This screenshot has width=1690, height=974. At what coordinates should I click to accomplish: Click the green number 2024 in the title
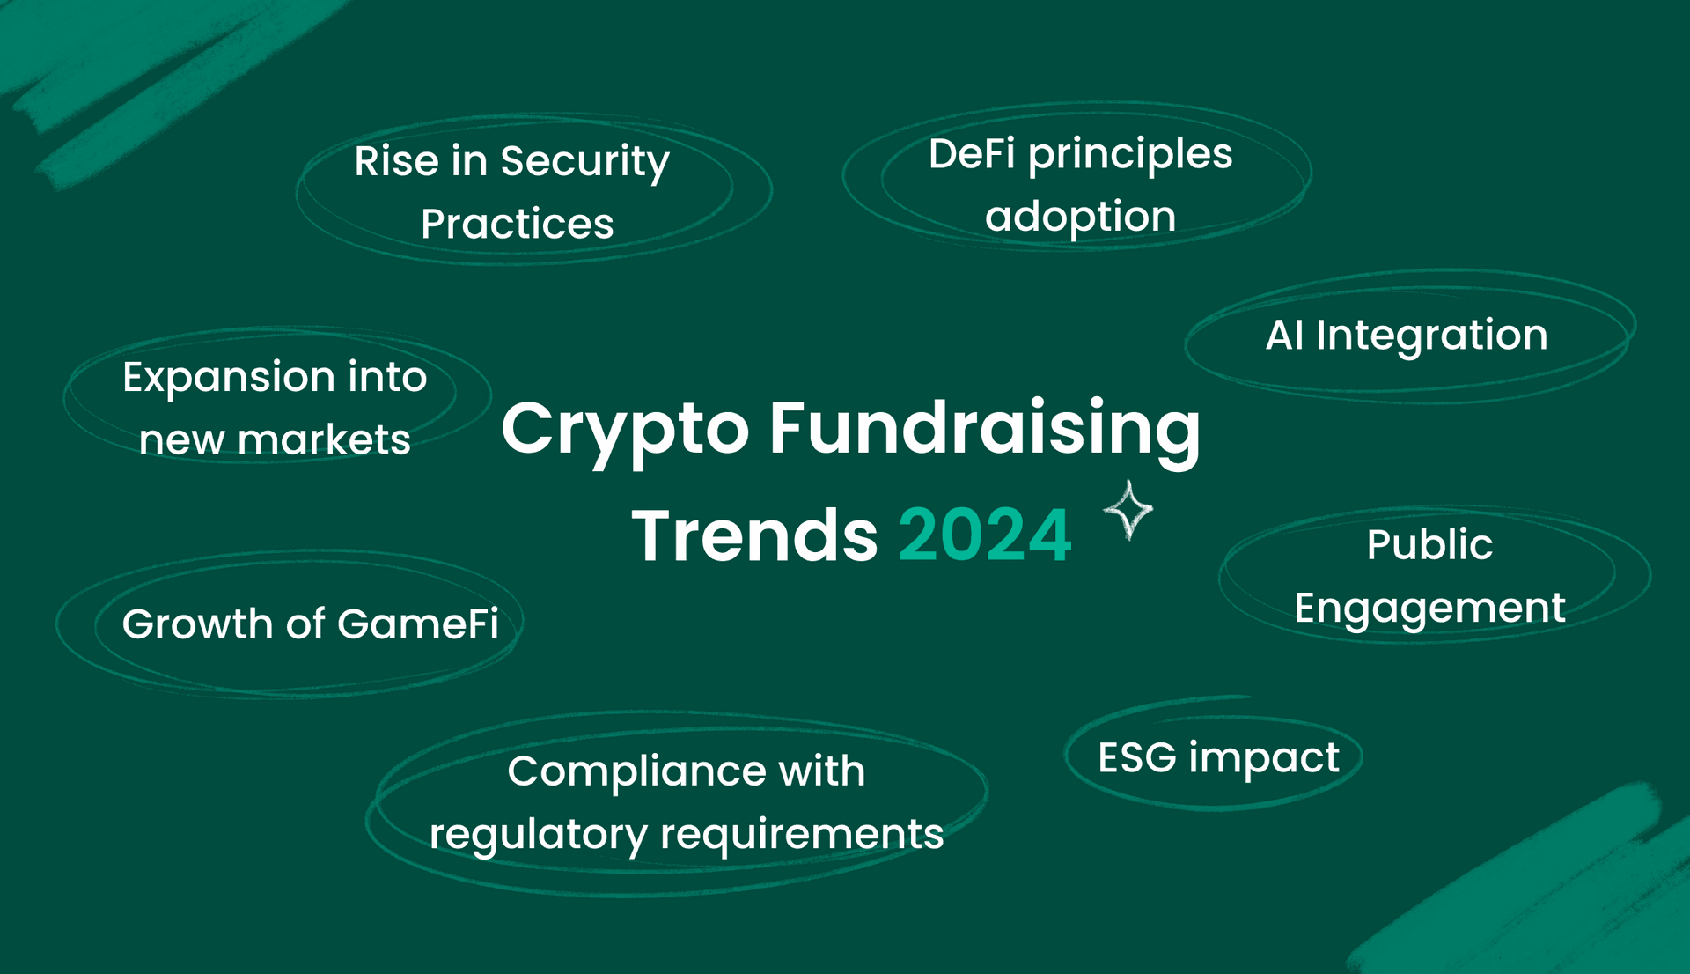click(985, 535)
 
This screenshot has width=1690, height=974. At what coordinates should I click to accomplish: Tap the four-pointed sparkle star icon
click(1128, 510)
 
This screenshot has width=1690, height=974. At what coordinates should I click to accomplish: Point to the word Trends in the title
click(754, 535)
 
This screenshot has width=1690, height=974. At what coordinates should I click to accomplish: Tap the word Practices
click(518, 224)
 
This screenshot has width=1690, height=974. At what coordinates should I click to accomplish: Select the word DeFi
click(972, 154)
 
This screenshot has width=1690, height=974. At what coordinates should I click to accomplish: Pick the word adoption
click(1081, 217)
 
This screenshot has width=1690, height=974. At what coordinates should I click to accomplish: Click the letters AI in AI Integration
click(1285, 335)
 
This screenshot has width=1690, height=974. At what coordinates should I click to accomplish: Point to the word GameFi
click(418, 624)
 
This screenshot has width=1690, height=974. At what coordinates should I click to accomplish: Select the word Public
click(1430, 544)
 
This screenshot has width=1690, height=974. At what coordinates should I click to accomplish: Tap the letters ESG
click(1137, 757)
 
